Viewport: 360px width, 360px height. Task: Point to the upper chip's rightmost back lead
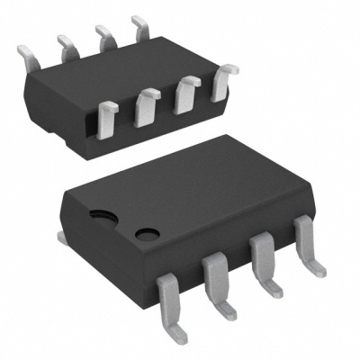coord(140,24)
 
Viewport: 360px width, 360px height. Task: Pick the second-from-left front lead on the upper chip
coord(146,105)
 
